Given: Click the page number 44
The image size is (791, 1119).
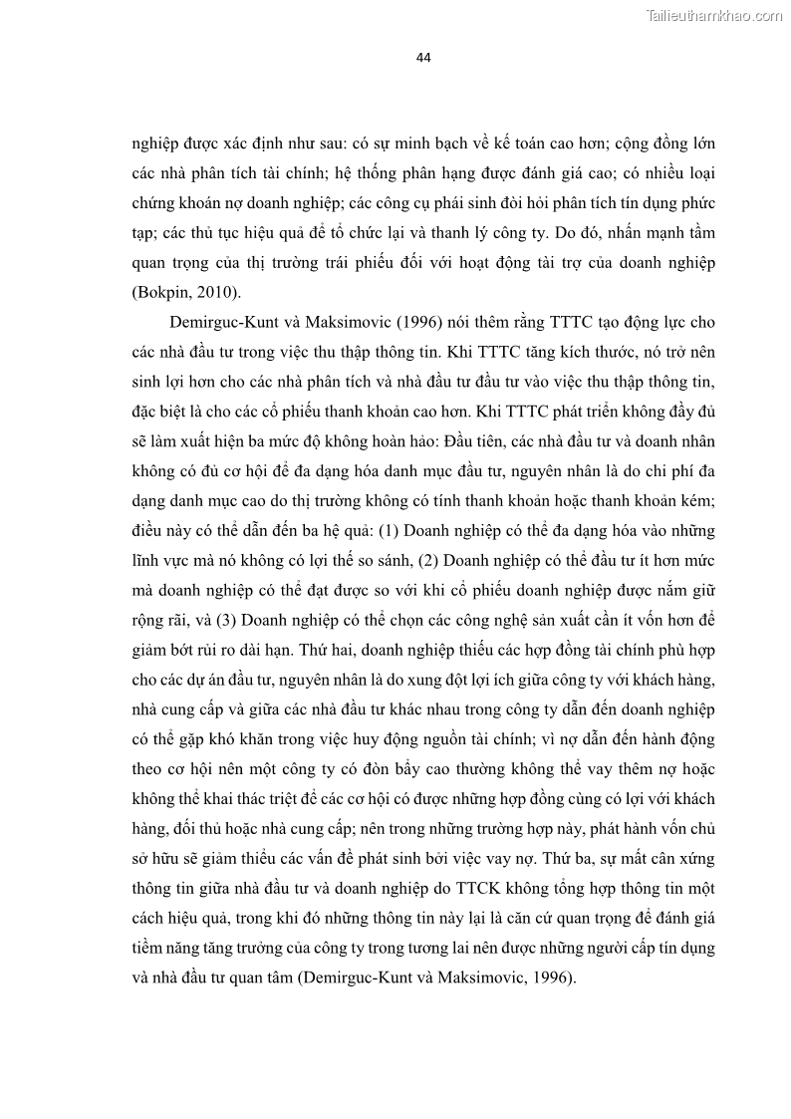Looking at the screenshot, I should click(x=422, y=58).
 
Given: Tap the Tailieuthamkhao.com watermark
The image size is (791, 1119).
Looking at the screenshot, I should click(x=714, y=15).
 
